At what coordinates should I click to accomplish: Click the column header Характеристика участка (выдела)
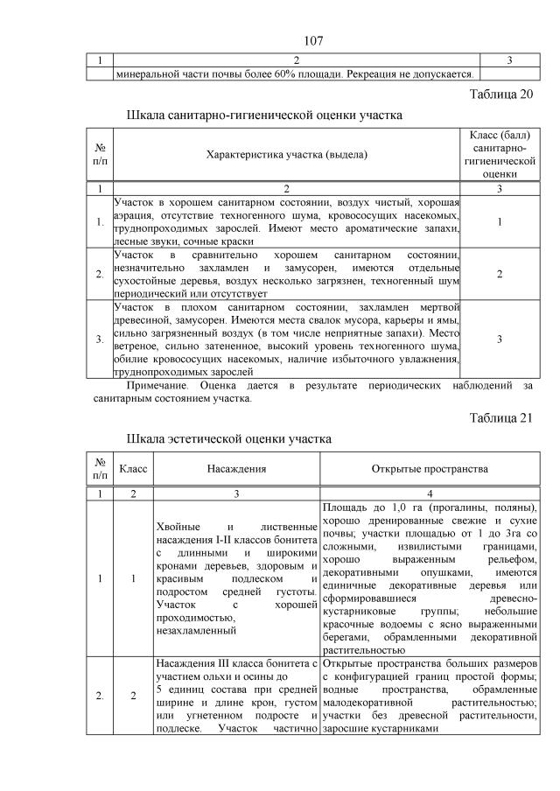[286, 155]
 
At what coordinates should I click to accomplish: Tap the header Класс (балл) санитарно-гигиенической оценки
[498, 154]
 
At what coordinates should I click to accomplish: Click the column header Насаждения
[236, 469]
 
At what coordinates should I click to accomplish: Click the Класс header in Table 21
[133, 469]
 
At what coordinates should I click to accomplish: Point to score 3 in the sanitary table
[498, 338]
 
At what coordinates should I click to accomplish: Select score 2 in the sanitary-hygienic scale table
[498, 274]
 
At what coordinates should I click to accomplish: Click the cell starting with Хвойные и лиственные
[236, 578]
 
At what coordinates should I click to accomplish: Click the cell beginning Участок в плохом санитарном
[286, 338]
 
